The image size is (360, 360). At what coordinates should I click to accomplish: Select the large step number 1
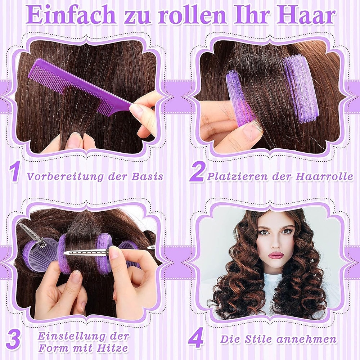click(15, 172)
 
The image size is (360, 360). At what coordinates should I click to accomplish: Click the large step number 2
click(197, 172)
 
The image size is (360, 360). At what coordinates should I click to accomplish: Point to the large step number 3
click(13, 339)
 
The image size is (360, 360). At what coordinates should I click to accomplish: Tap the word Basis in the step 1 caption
click(147, 176)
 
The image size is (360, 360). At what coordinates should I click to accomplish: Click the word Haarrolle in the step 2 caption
click(324, 176)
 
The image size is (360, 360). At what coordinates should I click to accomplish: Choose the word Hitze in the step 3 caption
click(112, 348)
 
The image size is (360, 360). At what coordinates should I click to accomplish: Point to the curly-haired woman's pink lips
click(276, 255)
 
